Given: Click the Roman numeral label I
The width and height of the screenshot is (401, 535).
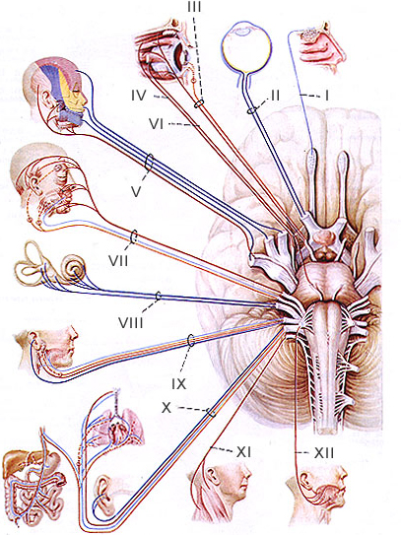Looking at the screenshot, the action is click(x=326, y=96).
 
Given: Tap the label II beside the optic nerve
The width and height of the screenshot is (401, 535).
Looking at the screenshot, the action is click(x=274, y=96).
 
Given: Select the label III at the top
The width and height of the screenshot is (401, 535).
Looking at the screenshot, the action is click(x=194, y=7).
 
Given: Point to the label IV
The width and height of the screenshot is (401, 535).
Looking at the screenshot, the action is click(x=139, y=96).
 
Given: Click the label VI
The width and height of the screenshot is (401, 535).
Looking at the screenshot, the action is click(x=157, y=124).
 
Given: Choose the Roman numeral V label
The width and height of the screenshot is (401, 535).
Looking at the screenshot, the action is click(x=136, y=191).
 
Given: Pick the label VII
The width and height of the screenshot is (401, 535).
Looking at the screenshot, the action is click(x=119, y=261).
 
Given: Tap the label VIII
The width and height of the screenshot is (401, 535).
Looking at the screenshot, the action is click(x=131, y=322).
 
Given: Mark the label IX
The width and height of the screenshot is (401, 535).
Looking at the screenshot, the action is click(x=179, y=384).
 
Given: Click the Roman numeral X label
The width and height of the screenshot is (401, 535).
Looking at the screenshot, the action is click(x=167, y=407).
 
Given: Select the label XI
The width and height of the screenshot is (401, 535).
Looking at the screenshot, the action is click(x=243, y=452).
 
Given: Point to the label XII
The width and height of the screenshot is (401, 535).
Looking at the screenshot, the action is click(x=324, y=453).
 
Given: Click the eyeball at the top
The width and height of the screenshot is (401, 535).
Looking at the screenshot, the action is click(x=246, y=47).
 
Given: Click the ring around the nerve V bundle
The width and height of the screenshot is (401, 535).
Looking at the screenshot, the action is click(x=149, y=163).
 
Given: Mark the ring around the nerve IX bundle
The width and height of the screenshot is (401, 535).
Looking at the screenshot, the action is click(x=191, y=341).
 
